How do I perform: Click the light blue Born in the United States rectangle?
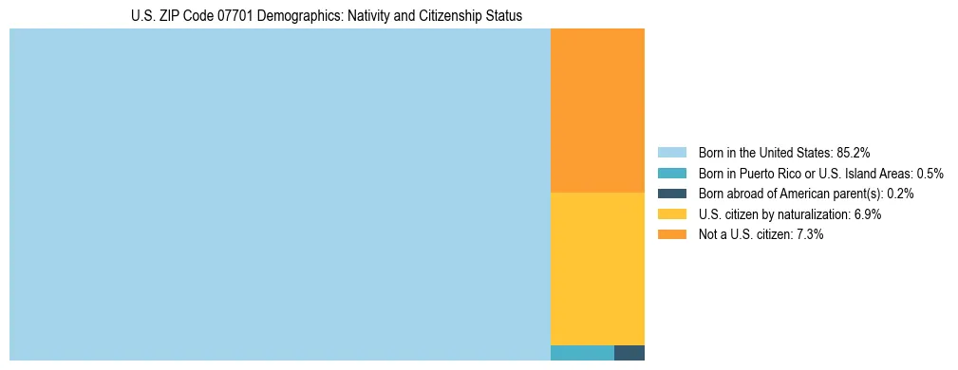pyautogui.click(x=279, y=194)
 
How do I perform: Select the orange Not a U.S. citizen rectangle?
pyautogui.click(x=597, y=110)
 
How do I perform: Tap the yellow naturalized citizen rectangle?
pyautogui.click(x=597, y=268)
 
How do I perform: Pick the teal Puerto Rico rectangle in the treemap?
pyautogui.click(x=582, y=353)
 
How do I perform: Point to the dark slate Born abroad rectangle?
pyautogui.click(x=629, y=353)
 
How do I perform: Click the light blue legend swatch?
pyautogui.click(x=672, y=152)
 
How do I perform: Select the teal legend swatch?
pyautogui.click(x=672, y=173)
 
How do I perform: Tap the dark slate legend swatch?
pyautogui.click(x=672, y=194)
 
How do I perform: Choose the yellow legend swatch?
pyautogui.click(x=672, y=214)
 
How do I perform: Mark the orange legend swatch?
pyautogui.click(x=672, y=234)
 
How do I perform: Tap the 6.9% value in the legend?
pyautogui.click(x=867, y=214)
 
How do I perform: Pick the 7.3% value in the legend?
pyautogui.click(x=809, y=234)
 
